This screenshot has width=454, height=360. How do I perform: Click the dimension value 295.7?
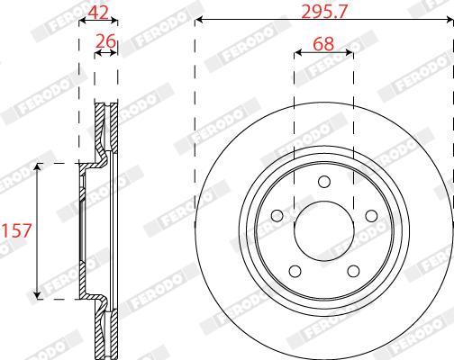(324, 12)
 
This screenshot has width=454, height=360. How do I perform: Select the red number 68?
(323, 44)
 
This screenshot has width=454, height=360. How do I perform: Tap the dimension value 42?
(98, 13)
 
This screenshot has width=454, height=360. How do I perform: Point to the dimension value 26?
(105, 41)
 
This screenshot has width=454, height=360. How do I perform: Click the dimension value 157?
(17, 230)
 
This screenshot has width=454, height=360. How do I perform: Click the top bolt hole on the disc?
(324, 182)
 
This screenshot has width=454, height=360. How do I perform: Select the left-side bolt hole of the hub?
(277, 216)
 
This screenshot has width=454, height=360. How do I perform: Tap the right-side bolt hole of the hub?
(371, 216)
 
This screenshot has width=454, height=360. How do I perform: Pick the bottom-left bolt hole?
(295, 271)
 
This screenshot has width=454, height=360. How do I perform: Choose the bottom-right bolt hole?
(353, 271)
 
